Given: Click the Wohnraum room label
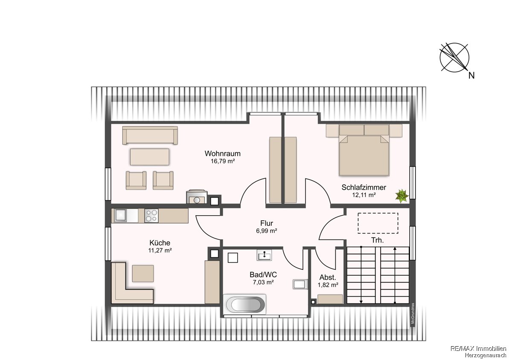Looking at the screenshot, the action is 222,153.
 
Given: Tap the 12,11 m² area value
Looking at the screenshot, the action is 364,195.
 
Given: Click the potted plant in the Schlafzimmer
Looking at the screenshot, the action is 402,196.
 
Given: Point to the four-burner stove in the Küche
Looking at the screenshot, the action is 151,216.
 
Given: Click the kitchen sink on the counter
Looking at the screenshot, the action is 121,215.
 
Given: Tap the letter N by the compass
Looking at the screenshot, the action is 471,76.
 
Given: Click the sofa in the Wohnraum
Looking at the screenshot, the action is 150,135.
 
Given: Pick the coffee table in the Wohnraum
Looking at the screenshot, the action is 150,157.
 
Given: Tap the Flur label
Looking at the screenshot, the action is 267,223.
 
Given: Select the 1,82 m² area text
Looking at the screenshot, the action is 328,285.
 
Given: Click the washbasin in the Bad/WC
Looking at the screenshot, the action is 265,255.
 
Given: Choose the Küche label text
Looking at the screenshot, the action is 160,242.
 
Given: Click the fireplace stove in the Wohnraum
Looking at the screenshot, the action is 196,197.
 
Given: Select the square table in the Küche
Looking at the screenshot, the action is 143,274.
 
